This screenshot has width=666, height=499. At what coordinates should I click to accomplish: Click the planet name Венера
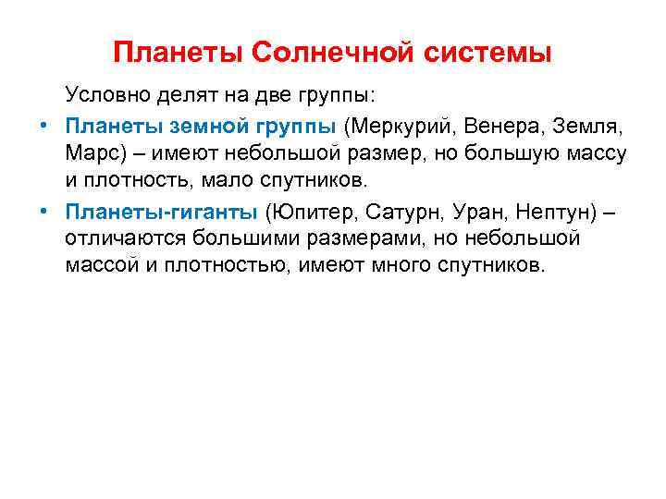pos(494,125)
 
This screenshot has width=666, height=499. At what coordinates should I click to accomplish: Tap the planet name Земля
pos(588,125)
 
